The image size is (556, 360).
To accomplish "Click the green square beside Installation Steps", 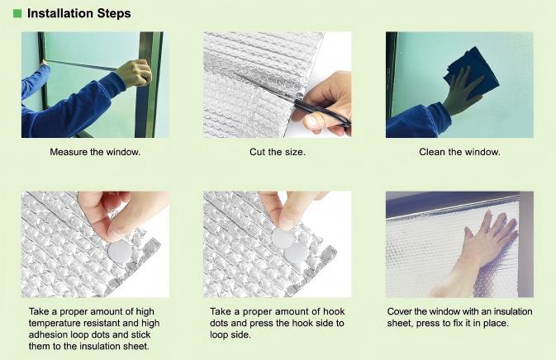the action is click(x=17, y=13).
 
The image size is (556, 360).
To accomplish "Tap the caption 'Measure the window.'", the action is click(x=95, y=152).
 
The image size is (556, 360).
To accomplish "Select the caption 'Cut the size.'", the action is click(x=278, y=152).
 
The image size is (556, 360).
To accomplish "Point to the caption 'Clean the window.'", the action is click(x=459, y=152).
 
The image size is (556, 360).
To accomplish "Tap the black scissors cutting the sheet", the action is click(x=321, y=111).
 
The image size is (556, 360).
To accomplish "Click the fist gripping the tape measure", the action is click(x=134, y=73).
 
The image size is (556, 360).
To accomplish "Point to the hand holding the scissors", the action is click(x=325, y=102).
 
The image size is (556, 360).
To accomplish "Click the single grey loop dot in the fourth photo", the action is click(x=120, y=252).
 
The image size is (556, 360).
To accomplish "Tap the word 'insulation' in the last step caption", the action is click(x=513, y=311).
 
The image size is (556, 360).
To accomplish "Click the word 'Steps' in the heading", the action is click(x=114, y=14).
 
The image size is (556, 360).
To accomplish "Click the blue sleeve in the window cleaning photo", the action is click(x=416, y=121).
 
